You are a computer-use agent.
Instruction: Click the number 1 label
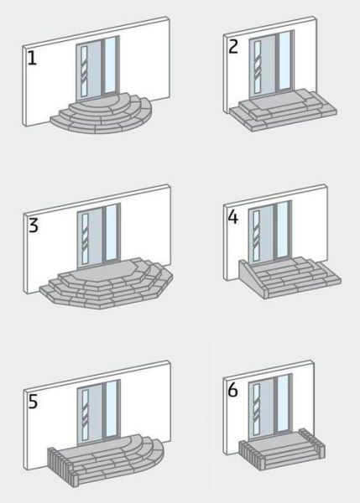pyautogui.click(x=32, y=59)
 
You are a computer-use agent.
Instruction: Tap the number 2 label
pyautogui.click(x=233, y=46)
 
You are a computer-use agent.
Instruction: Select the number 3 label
pyautogui.click(x=33, y=225)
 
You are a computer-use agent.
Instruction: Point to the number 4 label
pyautogui.click(x=232, y=217)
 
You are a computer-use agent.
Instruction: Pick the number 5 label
pyautogui.click(x=33, y=401)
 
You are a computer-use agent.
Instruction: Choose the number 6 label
pyautogui.click(x=232, y=390)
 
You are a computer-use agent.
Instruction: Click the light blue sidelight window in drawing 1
pyautogui.click(x=110, y=65)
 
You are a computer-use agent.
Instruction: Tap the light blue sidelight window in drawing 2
pyautogui.click(x=284, y=60)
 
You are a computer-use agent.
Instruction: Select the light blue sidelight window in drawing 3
pyautogui.click(x=111, y=232)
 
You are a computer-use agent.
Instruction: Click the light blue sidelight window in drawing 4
pyautogui.click(x=283, y=230)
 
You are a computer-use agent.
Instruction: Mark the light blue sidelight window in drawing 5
pyautogui.click(x=111, y=409)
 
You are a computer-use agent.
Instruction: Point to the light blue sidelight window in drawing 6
pyautogui.click(x=283, y=403)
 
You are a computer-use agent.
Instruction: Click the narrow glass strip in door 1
pyautogui.click(x=84, y=71)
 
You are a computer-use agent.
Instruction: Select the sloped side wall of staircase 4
pyautogui.click(x=252, y=277)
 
